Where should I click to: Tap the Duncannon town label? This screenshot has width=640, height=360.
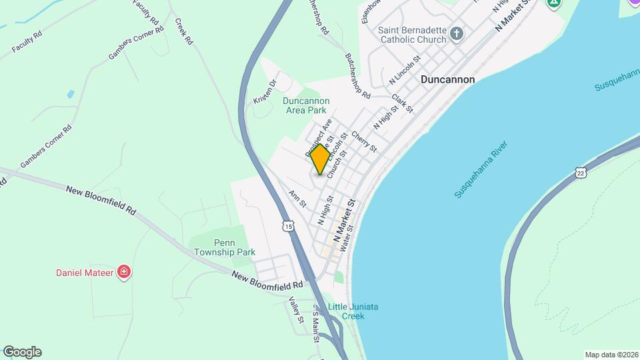pos(447,79)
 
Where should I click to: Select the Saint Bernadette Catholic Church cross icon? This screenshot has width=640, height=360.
pos(457,34)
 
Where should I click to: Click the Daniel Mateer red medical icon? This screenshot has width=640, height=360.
pos(123,272)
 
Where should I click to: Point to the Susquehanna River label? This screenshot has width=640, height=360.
pos(481,169)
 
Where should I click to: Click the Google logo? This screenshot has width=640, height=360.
pos(22,352)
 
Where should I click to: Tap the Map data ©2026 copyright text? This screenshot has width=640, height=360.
pos(611,355)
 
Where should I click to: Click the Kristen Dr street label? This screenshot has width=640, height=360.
pos(265,92)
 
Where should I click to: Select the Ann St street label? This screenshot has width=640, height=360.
pos(297,198)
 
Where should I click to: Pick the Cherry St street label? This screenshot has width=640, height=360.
pos(364,140)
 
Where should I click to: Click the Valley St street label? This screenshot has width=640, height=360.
pos(297,311)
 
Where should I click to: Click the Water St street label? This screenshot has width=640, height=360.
pos(345,241)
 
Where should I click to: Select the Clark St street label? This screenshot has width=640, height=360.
pos(403,103)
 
